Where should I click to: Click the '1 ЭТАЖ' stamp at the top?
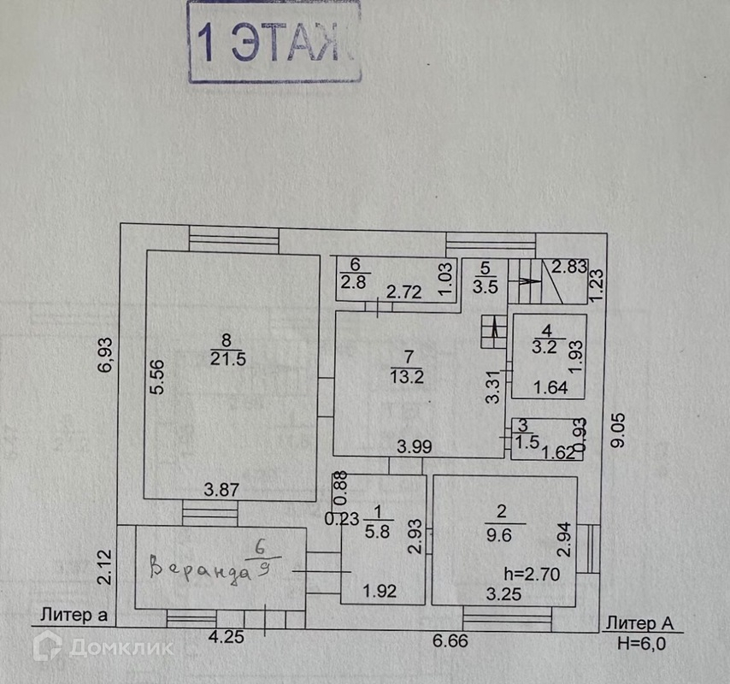click(274, 43)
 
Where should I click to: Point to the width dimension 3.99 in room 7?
click(413, 445)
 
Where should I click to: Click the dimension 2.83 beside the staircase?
click(568, 267)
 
